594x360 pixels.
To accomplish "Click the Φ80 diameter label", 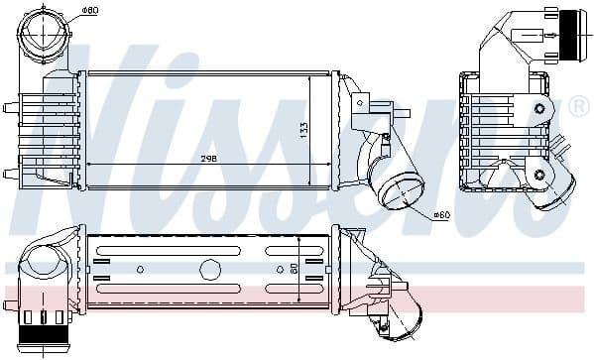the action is (90, 10).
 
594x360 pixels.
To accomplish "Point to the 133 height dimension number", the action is (303, 130).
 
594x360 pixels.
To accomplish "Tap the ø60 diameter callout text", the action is (441, 215).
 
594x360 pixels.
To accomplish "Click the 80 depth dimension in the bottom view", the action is (294, 269).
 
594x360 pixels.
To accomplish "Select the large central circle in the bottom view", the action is (210, 270).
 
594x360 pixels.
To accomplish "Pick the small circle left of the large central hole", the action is (140, 270).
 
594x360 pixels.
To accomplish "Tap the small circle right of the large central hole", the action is (280, 270).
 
